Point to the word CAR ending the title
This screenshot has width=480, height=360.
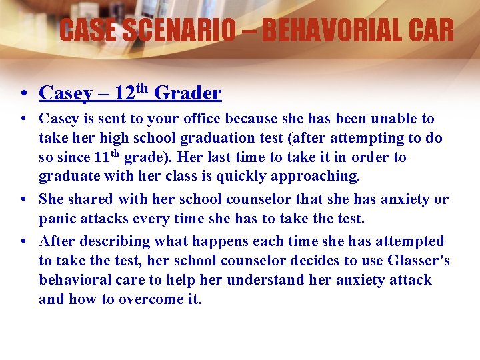(429, 30)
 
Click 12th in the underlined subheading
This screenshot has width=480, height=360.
(131, 93)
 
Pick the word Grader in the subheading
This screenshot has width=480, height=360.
(188, 93)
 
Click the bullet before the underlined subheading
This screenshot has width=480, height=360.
(23, 93)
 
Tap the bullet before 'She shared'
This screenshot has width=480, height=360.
(23, 199)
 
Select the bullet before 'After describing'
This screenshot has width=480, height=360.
(23, 241)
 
